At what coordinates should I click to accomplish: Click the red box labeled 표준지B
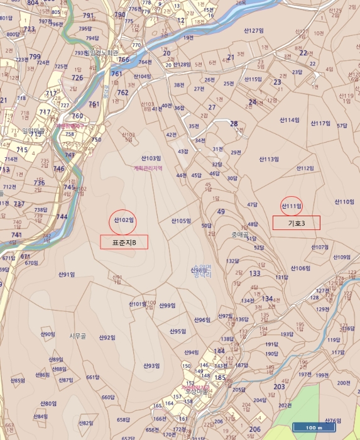124,242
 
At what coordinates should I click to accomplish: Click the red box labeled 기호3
296,223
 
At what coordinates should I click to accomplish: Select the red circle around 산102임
124,220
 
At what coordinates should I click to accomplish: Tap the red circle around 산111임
291,206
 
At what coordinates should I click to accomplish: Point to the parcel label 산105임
181,221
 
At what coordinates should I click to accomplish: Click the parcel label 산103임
151,158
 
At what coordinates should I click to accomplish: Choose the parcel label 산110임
344,202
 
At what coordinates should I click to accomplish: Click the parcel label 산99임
166,305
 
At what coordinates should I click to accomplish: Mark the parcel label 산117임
320,123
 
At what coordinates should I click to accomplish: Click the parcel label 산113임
268,160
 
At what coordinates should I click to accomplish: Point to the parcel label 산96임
201,320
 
